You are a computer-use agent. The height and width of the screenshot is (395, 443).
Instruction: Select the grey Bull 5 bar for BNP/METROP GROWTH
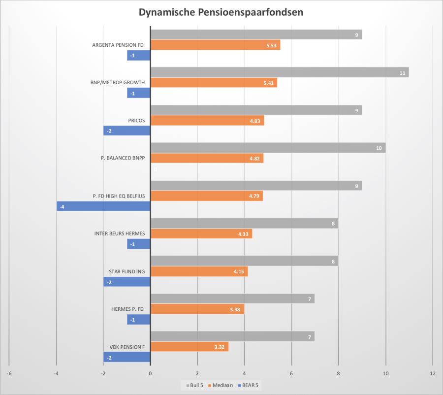coord(279,72)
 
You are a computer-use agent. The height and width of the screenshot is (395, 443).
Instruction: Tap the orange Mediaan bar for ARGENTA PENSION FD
coord(215,45)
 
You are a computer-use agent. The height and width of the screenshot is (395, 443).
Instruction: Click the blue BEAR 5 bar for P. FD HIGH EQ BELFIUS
coord(103,206)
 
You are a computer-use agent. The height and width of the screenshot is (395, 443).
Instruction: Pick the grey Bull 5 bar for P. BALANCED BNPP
coord(268,148)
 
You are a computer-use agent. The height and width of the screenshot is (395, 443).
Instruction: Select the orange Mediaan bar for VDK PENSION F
coord(189,347)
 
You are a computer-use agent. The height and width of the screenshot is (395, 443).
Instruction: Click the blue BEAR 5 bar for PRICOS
coord(127,131)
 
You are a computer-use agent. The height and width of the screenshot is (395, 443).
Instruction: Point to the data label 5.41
coord(269,83)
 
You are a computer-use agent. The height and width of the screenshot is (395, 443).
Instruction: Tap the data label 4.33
coord(243,234)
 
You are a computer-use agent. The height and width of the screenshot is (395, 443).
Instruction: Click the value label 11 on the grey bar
coord(402,73)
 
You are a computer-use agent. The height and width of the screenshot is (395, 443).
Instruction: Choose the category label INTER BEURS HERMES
coord(119,233)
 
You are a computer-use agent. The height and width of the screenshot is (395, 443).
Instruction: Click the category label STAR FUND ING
coord(127,271)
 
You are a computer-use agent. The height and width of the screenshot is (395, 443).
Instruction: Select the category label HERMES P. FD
coord(128,309)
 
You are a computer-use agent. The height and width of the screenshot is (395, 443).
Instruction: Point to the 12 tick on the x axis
coord(433,374)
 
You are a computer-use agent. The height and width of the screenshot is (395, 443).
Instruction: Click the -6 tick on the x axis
coord(9,374)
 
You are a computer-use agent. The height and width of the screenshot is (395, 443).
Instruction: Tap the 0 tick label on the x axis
coord(150,374)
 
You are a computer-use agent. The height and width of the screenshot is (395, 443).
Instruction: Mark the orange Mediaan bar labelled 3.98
coord(197,309)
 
